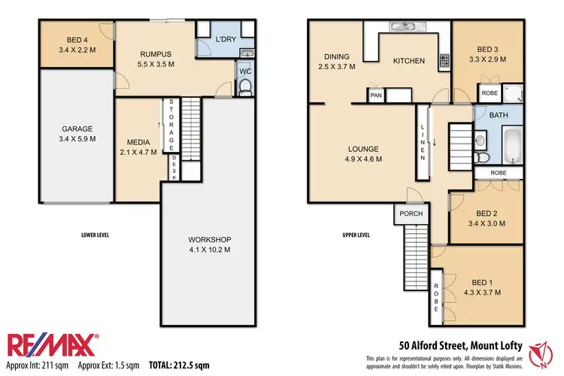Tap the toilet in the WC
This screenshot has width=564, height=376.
coord(245,88)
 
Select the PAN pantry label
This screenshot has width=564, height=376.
coord(375,96)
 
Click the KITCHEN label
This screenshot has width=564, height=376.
coord(409,61)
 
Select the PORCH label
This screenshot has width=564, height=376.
coord(411,214)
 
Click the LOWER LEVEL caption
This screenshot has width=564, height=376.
coord(95,235)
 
